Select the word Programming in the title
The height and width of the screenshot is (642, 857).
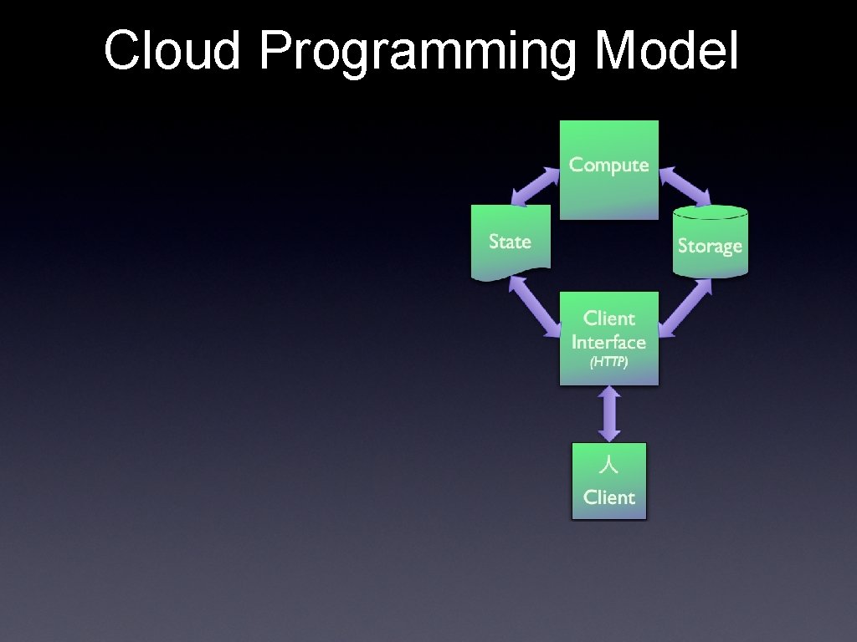(x=417, y=52)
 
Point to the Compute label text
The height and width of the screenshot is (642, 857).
(x=608, y=165)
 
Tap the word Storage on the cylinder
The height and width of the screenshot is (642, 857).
(x=710, y=246)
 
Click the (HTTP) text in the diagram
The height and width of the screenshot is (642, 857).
(x=608, y=363)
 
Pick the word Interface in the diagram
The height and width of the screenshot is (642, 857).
(x=608, y=342)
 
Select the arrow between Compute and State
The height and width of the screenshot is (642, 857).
(x=536, y=186)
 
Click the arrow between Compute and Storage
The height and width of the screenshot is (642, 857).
(x=684, y=186)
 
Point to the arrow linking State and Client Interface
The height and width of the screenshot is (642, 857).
(x=535, y=306)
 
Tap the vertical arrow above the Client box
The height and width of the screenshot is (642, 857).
(x=609, y=413)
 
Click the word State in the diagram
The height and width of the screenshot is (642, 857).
(x=510, y=242)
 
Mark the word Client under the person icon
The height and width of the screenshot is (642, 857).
(x=609, y=497)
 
